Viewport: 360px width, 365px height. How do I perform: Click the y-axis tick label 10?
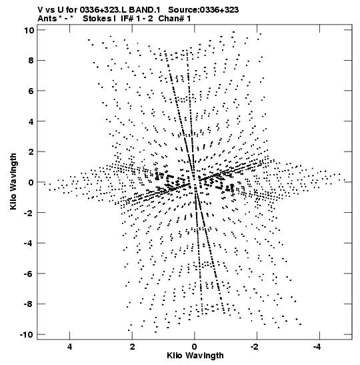point(29,30)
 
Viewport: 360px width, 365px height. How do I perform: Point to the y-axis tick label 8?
point(31,61)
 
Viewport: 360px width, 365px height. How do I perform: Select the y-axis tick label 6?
point(31,91)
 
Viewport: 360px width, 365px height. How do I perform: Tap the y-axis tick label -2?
point(29,213)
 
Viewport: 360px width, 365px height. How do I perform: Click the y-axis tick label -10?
point(27,335)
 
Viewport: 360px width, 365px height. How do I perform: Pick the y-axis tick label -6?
point(29,274)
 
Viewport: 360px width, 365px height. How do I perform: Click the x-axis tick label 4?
point(69,347)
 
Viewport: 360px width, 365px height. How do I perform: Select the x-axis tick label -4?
point(317,347)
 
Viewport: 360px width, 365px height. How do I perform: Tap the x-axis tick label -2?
point(255,347)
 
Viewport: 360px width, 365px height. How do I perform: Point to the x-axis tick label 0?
point(195,347)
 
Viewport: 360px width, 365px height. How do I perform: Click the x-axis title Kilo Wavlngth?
point(195,356)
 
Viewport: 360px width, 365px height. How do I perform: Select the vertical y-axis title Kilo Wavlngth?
point(13,181)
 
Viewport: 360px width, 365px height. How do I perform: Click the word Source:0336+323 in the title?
point(203,10)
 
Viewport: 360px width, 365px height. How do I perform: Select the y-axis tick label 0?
point(31,182)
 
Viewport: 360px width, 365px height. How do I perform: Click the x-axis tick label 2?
point(132,347)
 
